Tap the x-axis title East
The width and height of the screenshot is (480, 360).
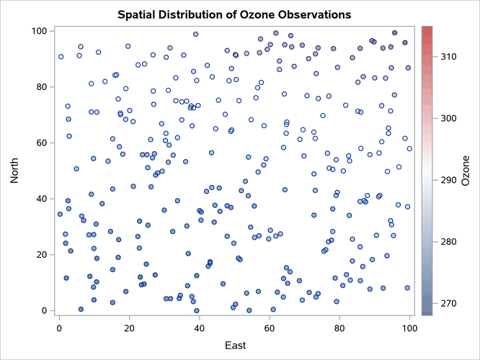[x=234, y=346]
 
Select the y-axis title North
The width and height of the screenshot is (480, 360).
[x=15, y=171]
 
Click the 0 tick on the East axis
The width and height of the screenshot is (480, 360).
[x=60, y=328]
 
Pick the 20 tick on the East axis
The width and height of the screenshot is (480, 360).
[x=130, y=328]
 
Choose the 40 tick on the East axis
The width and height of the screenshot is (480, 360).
[x=200, y=328]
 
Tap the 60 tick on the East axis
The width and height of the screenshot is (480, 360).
[x=270, y=328]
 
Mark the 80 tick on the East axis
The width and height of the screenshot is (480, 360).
[x=339, y=328]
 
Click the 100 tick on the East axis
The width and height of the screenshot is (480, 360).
[x=409, y=328]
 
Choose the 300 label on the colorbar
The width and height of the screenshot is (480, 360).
[x=448, y=117]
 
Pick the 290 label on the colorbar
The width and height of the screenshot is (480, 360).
[x=448, y=179]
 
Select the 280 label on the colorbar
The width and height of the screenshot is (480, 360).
[x=448, y=241]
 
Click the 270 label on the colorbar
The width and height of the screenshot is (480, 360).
[x=448, y=303]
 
